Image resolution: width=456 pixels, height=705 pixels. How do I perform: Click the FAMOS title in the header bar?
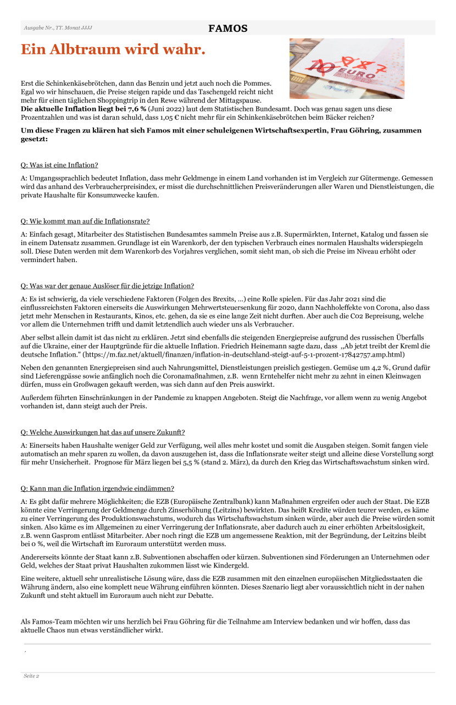[x=227, y=29]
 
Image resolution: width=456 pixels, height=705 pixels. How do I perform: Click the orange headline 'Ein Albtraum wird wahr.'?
[x=113, y=49]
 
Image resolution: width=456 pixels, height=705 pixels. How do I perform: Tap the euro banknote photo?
[x=347, y=68]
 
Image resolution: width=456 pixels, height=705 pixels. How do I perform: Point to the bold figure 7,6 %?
[x=135, y=109]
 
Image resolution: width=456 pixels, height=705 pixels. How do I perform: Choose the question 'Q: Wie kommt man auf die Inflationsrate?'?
[x=85, y=221]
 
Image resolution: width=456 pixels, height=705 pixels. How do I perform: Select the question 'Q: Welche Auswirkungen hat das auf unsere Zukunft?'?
[x=103, y=432]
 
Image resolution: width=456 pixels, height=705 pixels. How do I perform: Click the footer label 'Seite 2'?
[x=31, y=676]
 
